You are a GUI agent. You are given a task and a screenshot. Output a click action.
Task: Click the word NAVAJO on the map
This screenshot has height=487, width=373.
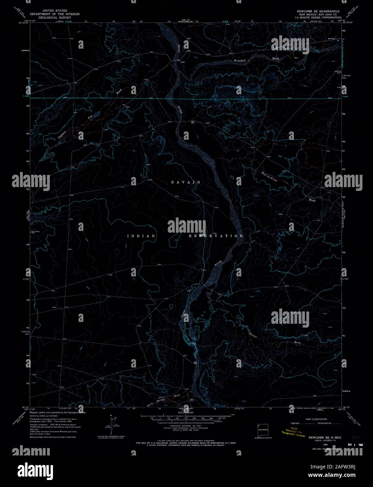pos(186,182)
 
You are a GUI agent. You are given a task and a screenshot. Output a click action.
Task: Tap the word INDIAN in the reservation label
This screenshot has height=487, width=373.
pos(141,236)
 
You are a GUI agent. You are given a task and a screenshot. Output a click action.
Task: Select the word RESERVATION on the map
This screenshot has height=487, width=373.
pos(216,236)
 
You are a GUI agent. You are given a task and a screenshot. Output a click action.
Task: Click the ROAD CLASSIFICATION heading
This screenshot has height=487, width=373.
pos(316,419)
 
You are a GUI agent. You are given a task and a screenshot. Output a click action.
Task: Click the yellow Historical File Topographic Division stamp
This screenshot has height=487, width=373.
pos(296,432)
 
